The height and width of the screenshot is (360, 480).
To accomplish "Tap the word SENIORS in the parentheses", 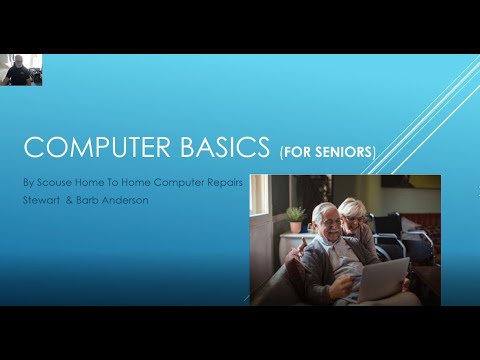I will (x=345, y=153).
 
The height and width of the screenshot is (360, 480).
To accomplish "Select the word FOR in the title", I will (x=298, y=153).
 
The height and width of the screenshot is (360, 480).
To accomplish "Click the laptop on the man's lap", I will (x=384, y=278).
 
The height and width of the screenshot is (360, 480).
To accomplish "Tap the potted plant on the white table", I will (x=295, y=217).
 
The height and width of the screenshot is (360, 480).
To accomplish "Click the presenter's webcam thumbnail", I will (x=21, y=70).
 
